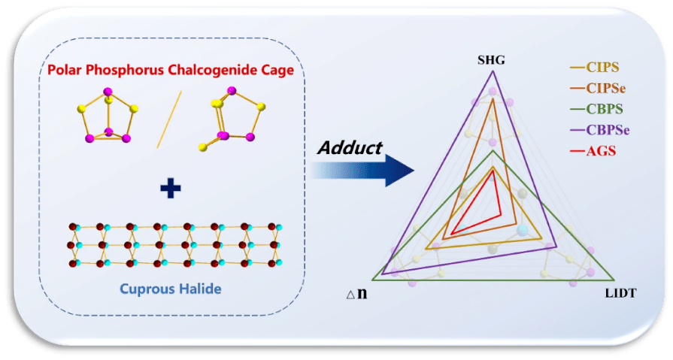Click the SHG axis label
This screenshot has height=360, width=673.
click(493, 59)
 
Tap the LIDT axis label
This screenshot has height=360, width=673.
click(620, 293)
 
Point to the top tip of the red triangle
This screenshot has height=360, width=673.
click(493, 170)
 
